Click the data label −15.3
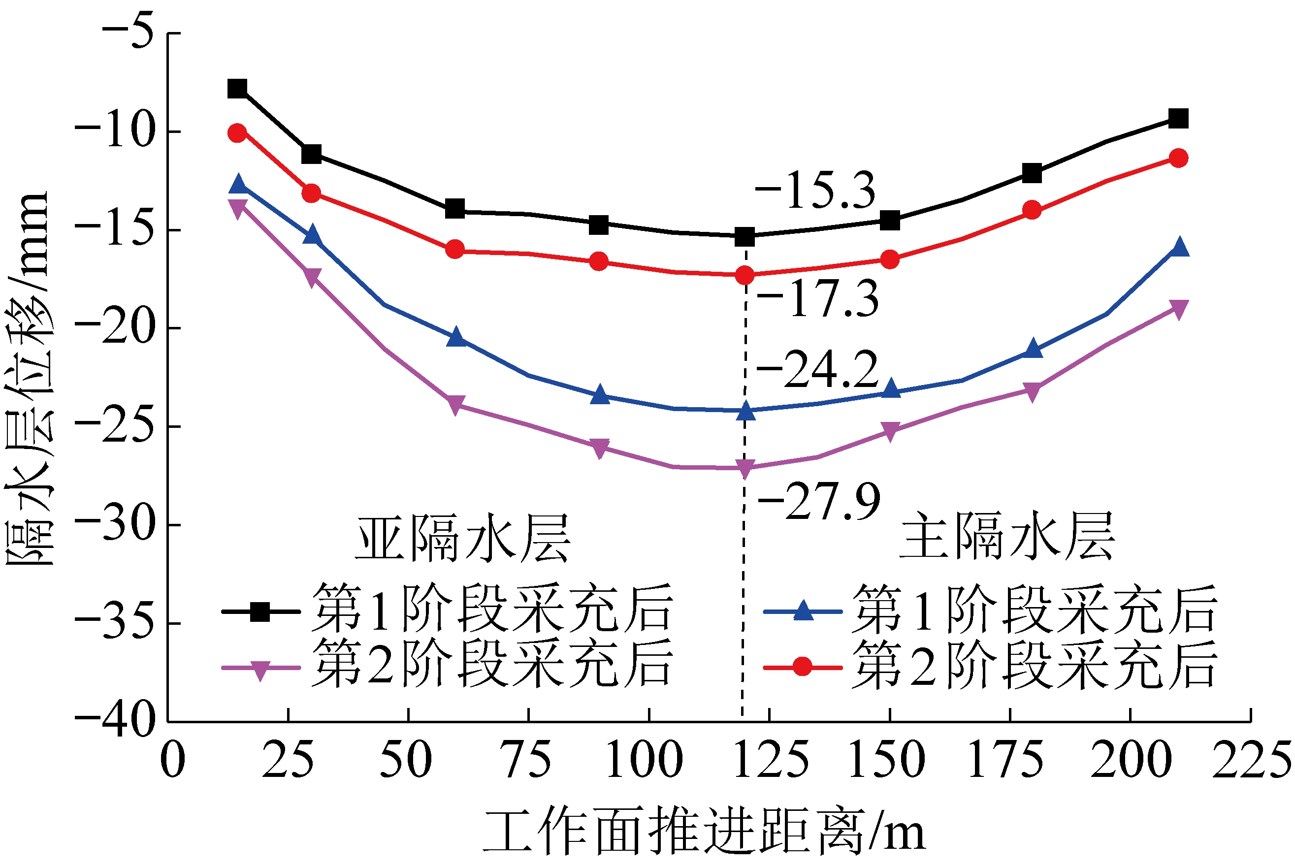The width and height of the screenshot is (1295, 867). point(815,191)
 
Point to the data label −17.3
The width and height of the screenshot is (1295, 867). point(817,299)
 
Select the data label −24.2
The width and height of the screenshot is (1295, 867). point(817,370)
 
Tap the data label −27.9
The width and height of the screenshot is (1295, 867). point(818,502)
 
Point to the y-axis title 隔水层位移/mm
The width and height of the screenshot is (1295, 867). point(28,378)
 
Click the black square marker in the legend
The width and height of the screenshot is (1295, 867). point(260,611)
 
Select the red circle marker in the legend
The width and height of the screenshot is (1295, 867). point(802,667)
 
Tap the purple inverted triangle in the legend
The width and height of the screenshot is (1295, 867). point(260,670)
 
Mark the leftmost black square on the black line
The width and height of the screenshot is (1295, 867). point(237,89)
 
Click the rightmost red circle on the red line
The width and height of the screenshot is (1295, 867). point(1178,158)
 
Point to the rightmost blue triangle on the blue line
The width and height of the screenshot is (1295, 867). point(1179,247)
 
